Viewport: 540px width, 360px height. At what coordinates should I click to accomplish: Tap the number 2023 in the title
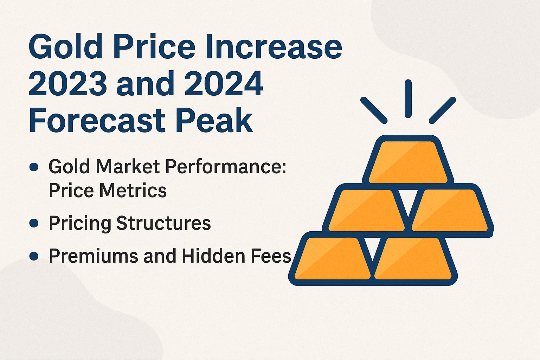(x=67, y=84)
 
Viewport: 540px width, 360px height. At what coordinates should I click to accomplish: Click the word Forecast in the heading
(x=97, y=121)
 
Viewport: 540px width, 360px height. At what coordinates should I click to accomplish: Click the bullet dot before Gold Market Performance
(x=34, y=167)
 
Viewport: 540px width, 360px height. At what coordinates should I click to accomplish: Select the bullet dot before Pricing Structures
(x=34, y=223)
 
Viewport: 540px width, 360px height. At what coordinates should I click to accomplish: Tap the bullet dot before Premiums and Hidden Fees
(x=34, y=256)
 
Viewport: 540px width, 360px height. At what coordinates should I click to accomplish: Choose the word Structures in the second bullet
(x=163, y=223)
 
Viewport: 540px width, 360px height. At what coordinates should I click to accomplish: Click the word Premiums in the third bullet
(x=94, y=256)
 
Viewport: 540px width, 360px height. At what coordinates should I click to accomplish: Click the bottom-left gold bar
(x=332, y=259)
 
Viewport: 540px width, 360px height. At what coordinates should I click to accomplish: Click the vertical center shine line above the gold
(x=408, y=99)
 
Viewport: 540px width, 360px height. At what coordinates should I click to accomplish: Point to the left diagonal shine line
(x=374, y=110)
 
